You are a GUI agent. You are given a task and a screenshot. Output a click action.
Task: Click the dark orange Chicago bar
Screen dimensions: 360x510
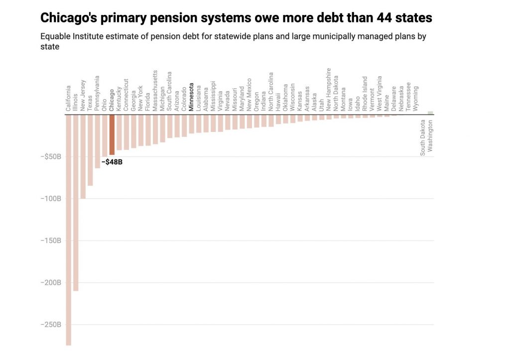point(112,134)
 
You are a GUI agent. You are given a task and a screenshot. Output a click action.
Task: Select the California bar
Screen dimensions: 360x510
point(68,229)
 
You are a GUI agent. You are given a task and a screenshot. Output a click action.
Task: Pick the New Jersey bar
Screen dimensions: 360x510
point(83,156)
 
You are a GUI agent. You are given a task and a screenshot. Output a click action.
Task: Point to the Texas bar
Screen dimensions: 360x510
point(90,150)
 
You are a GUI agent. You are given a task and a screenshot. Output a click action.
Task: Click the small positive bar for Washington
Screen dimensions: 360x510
point(430,113)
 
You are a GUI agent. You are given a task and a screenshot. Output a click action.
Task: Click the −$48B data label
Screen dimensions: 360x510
point(112,162)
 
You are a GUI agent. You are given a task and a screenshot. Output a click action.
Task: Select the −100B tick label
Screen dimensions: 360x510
point(52,199)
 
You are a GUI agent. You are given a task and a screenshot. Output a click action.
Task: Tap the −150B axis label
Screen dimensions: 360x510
point(52,240)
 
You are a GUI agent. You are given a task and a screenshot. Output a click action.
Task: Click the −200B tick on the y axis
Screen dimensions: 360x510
point(52,282)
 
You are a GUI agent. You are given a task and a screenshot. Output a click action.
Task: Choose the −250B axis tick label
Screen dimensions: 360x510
point(52,325)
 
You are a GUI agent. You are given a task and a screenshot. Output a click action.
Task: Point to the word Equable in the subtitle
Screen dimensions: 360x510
point(55,36)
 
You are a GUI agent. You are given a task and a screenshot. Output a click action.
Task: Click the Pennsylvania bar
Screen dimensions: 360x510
point(98,141)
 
